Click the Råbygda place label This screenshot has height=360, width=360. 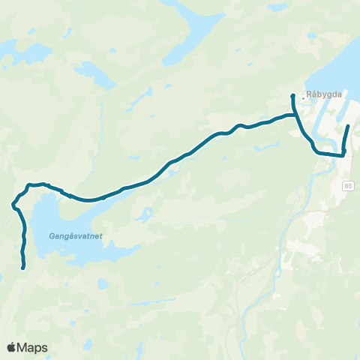(325, 96)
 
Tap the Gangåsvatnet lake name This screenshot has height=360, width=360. (76, 235)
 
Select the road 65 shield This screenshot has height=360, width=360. (349, 184)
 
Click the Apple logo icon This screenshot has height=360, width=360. (12, 347)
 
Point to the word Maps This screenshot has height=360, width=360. (33, 347)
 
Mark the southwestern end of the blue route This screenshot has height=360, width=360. (24, 267)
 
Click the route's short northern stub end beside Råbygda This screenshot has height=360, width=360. (292, 96)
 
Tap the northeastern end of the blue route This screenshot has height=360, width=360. (349, 116)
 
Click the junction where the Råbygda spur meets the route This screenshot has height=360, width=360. (293, 115)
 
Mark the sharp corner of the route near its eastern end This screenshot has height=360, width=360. (343, 154)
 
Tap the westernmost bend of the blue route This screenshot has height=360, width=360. (13, 203)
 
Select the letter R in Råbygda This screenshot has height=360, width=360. (309, 96)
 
